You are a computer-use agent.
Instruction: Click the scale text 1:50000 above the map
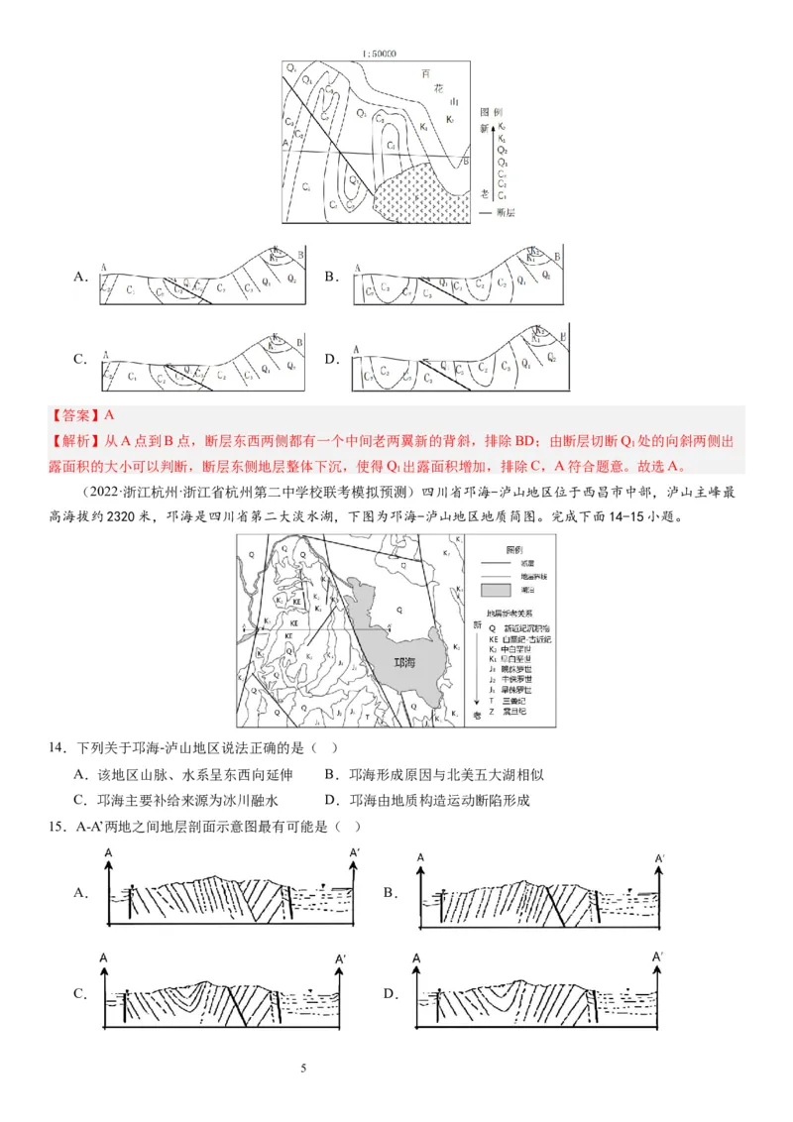[x=380, y=54]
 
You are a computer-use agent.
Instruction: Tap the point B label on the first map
[x=466, y=162]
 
